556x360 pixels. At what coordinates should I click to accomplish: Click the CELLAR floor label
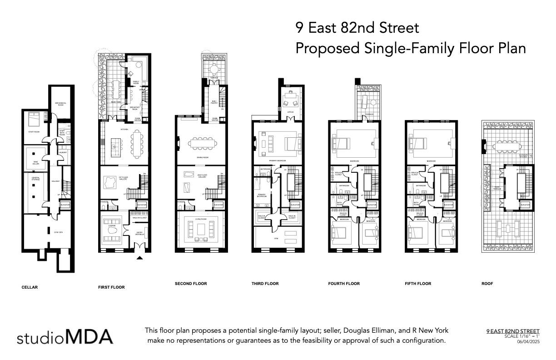point(30,287)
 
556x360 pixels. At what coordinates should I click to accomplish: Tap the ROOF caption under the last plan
point(487,284)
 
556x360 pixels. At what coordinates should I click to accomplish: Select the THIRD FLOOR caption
point(265,284)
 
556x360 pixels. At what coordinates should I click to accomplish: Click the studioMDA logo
point(65,337)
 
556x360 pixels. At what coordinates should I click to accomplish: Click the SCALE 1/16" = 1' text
point(522,336)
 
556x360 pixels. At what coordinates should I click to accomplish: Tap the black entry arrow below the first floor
point(140,258)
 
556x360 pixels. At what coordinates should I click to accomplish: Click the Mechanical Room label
point(61,104)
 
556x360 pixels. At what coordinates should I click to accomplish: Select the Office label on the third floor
point(290,112)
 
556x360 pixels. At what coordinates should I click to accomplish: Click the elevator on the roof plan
point(525,205)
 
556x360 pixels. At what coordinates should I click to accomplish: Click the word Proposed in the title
point(327,48)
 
